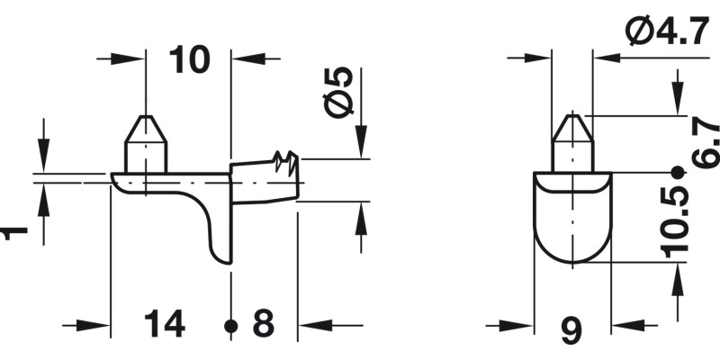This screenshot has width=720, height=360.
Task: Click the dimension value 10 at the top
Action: (189, 59)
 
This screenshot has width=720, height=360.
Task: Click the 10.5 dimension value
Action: (674, 221)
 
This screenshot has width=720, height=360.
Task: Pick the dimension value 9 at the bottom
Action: (571, 330)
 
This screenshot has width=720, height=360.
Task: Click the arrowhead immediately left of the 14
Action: (100, 325)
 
